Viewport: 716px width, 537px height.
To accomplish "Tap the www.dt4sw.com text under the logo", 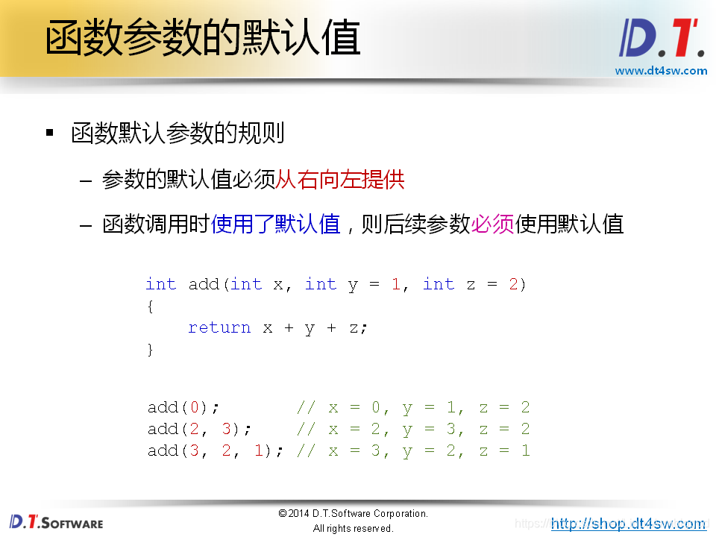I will (x=661, y=71).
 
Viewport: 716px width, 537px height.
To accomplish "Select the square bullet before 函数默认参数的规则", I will (x=50, y=134).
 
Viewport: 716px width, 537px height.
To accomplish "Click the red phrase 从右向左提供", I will (x=340, y=179).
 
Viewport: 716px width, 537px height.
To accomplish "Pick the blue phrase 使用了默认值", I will (x=276, y=224).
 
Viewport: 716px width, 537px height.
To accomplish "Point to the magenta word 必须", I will (x=492, y=224).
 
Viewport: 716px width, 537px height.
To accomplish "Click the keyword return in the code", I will (x=219, y=327).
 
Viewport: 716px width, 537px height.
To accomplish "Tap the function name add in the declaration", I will (x=204, y=284).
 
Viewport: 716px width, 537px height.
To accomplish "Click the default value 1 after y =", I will (x=395, y=284).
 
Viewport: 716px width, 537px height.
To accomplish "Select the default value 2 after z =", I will (x=513, y=284).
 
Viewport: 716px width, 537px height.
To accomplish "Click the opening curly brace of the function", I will (x=151, y=306).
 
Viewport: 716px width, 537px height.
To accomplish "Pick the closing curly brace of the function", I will (x=151, y=349).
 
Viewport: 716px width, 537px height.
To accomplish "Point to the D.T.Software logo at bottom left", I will (x=57, y=522).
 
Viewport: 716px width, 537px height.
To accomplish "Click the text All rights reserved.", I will (x=353, y=528).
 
